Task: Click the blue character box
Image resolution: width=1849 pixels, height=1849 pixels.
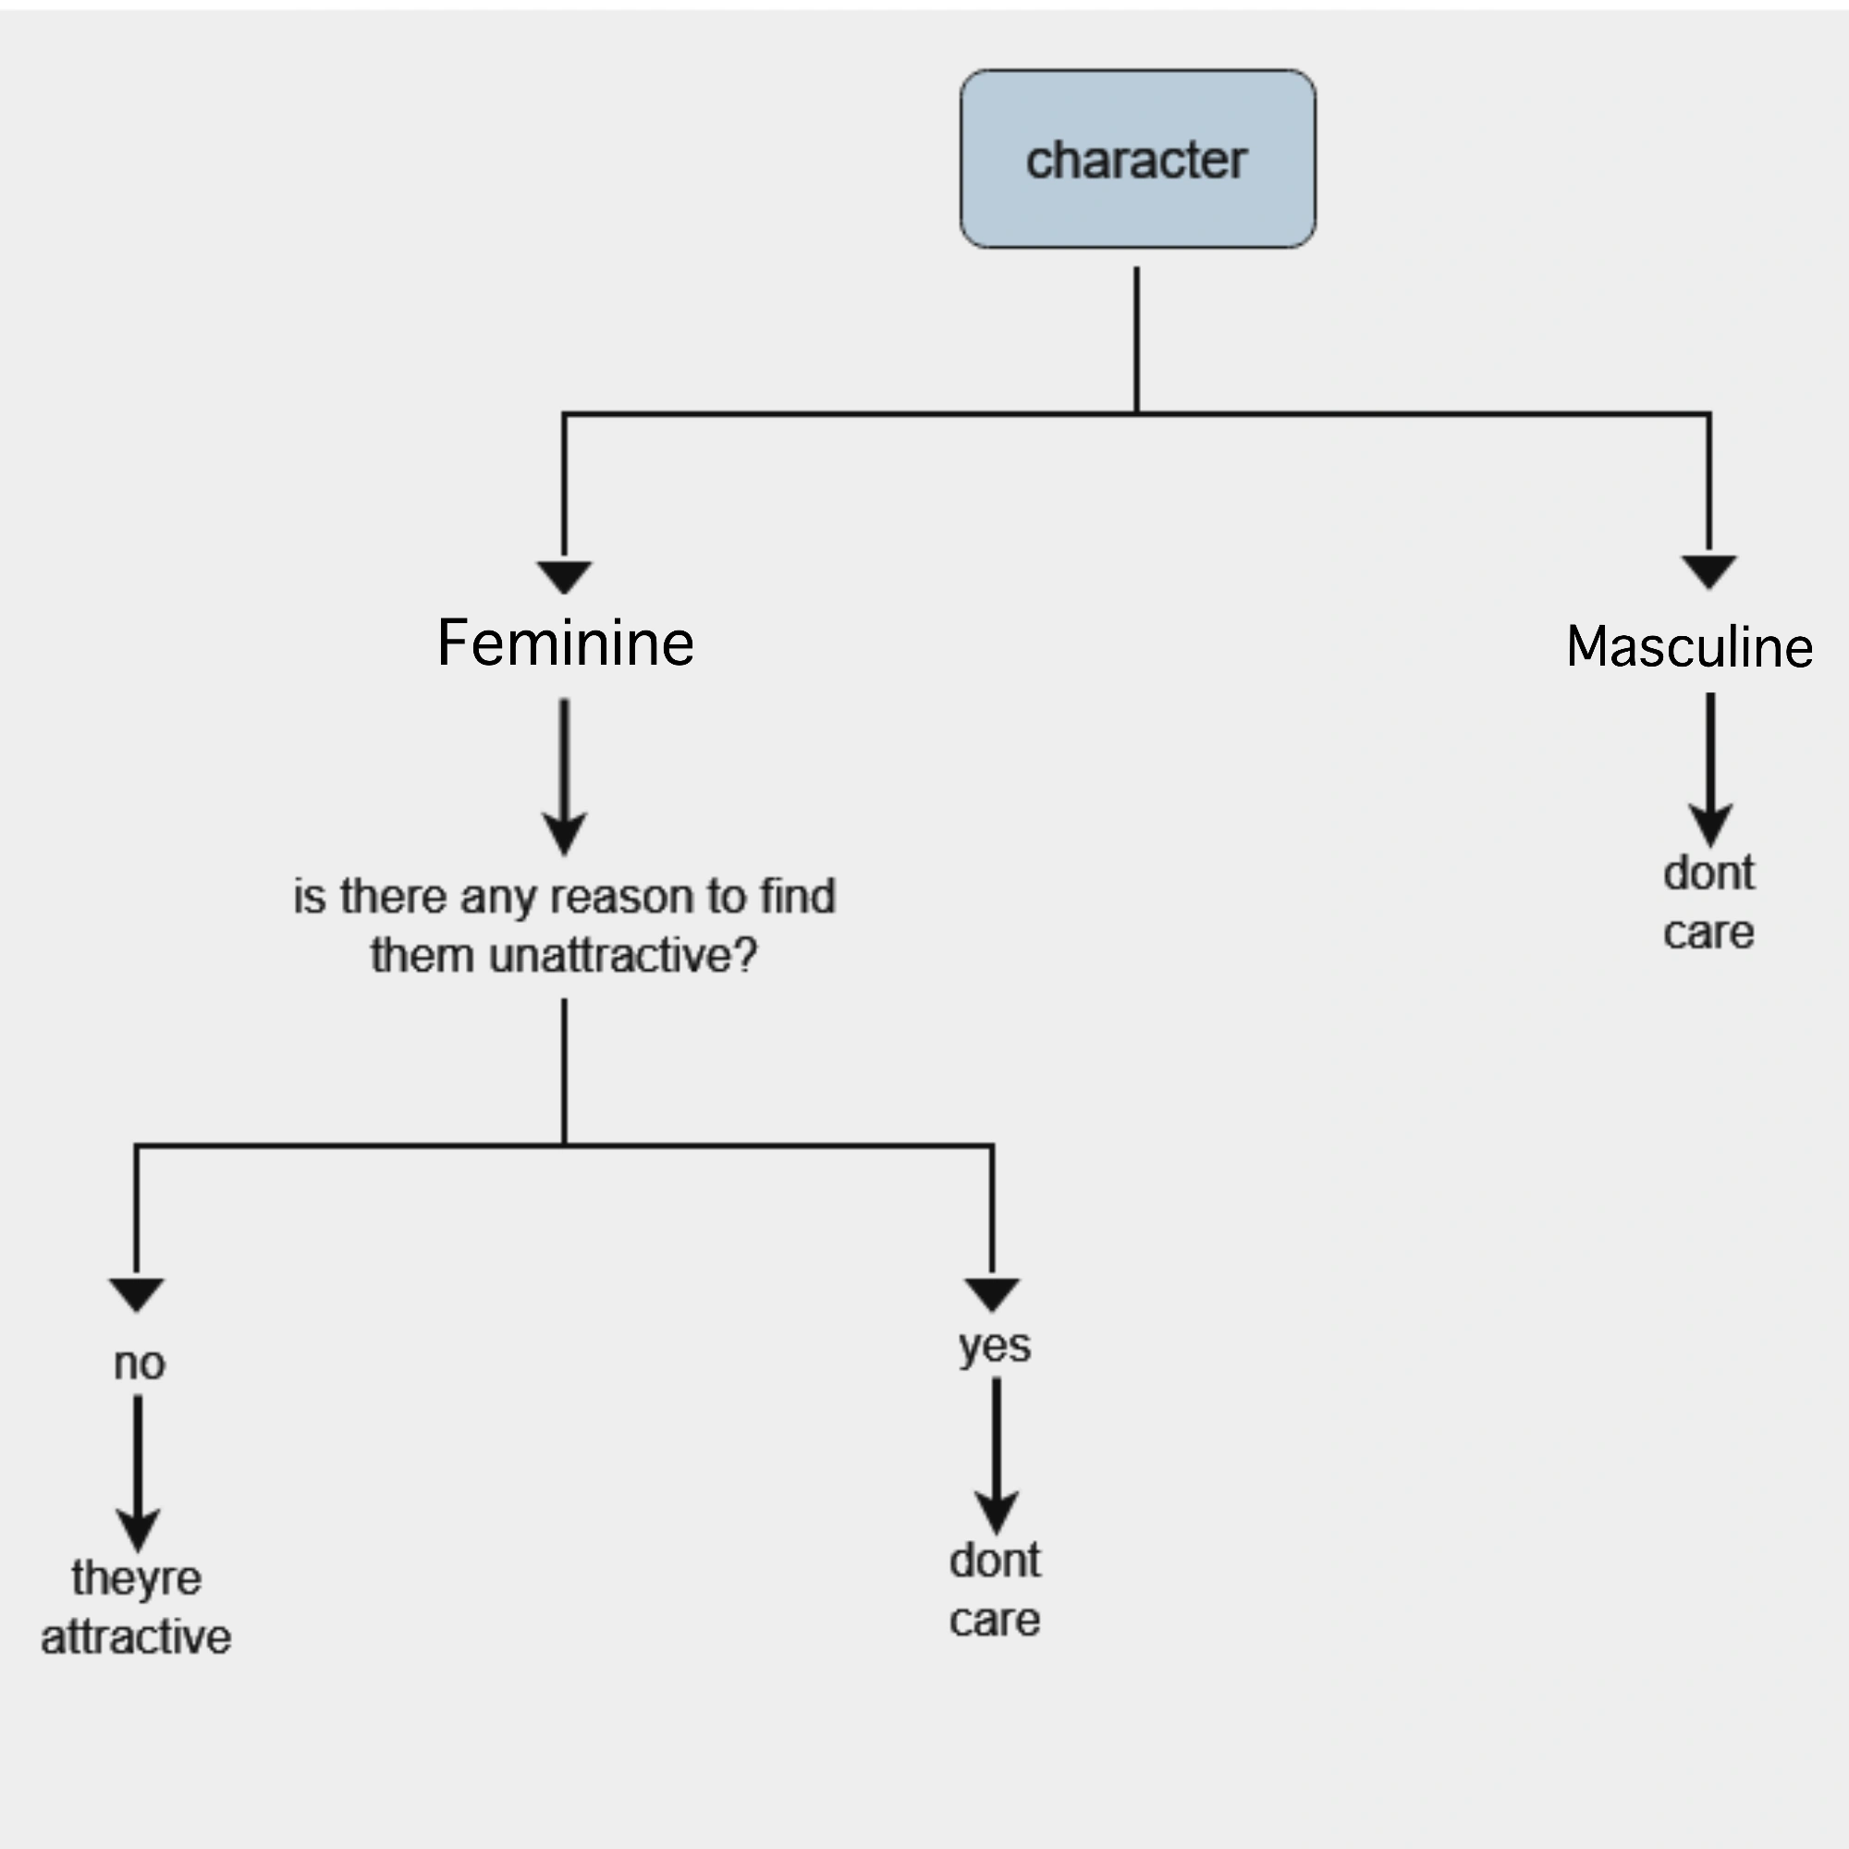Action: point(1137,159)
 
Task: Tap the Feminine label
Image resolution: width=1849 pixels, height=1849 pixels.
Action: point(565,643)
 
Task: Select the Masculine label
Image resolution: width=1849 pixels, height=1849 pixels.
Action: point(1689,646)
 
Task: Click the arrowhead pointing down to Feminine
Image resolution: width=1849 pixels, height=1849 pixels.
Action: point(564,576)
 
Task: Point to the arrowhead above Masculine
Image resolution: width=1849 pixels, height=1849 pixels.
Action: point(1709,570)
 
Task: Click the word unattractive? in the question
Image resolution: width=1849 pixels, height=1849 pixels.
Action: point(622,955)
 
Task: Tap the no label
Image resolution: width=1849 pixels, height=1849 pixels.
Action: point(140,1363)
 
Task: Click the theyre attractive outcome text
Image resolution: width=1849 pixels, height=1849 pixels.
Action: point(136,1607)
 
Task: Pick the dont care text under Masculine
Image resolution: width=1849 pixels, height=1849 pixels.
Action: point(1708,901)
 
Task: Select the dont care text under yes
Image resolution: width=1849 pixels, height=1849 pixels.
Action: point(995,1589)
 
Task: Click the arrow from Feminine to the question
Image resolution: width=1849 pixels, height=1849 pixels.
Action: point(565,776)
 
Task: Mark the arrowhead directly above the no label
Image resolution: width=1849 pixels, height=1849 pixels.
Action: point(137,1294)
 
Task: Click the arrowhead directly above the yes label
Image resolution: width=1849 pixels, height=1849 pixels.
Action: point(992,1294)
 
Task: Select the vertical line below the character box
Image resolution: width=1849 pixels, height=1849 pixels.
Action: point(1136,339)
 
